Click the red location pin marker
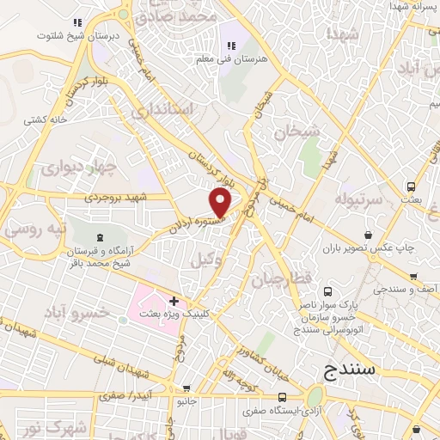(221, 202)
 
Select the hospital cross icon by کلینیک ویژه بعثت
(174, 301)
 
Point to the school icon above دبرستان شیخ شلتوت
(77, 22)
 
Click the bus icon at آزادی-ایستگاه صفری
(282, 396)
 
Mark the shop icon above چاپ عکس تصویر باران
(368, 235)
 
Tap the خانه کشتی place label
(46, 119)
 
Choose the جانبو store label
(186, 401)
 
